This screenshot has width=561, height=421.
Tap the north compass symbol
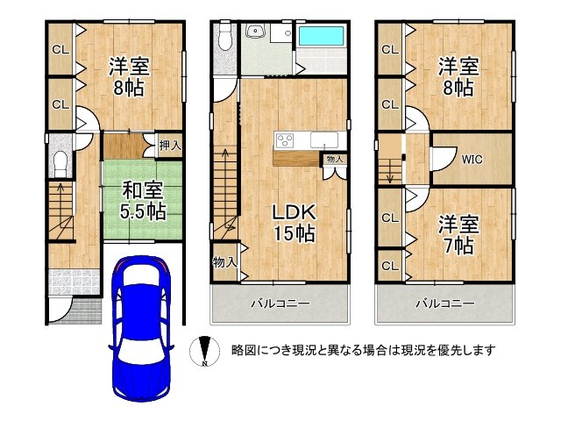point(202,351)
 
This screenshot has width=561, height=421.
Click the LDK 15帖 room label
point(293,223)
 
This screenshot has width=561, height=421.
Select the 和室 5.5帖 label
point(142,200)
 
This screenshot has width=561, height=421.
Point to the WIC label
point(472,160)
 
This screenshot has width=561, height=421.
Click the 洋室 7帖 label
point(458,234)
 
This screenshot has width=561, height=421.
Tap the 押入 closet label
point(169,146)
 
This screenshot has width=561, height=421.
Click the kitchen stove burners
point(287,140)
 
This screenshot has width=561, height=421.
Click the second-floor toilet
point(224,39)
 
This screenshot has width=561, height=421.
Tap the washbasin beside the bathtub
point(256,34)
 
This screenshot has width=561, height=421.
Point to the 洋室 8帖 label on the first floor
point(129,75)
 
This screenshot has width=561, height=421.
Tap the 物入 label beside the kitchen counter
point(334,159)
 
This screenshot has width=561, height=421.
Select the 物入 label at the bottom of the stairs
point(223,261)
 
